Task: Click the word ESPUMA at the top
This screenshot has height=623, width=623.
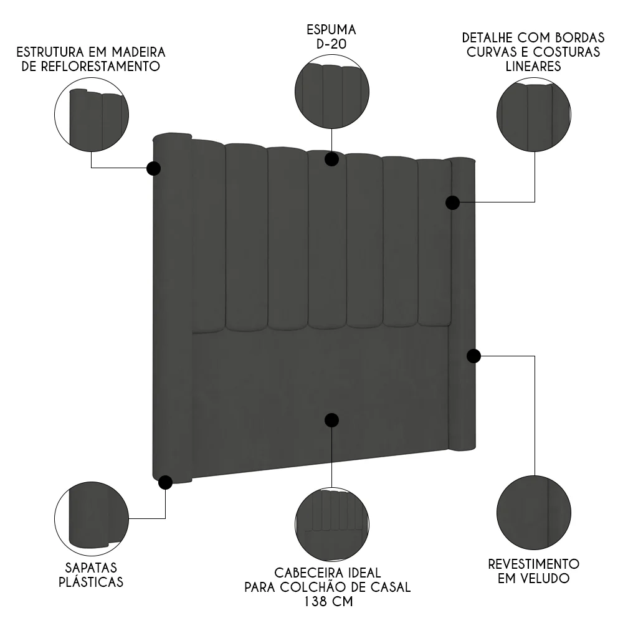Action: pyautogui.click(x=331, y=30)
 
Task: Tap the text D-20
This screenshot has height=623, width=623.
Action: pyautogui.click(x=331, y=45)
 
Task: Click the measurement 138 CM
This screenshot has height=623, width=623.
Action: pyautogui.click(x=328, y=602)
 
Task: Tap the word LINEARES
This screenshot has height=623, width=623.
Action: pyautogui.click(x=533, y=66)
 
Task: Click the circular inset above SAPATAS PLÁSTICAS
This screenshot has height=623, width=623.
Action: pyautogui.click(x=92, y=519)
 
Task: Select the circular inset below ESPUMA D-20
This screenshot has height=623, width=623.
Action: pyautogui.click(x=331, y=92)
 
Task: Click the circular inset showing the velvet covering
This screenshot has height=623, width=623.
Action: pyautogui.click(x=533, y=512)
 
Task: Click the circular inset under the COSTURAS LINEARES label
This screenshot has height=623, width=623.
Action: pyautogui.click(x=534, y=114)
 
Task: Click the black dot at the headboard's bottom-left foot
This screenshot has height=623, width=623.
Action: pyautogui.click(x=165, y=482)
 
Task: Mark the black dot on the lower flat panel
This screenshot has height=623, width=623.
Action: pyautogui.click(x=331, y=420)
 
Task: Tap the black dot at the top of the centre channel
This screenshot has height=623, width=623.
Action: pyautogui.click(x=331, y=159)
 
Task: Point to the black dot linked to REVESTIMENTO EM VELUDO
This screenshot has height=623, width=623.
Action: pyautogui.click(x=473, y=356)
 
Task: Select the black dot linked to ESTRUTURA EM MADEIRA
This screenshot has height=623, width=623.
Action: pyautogui.click(x=153, y=168)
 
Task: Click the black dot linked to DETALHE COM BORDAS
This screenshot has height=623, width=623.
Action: pyautogui.click(x=453, y=202)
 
